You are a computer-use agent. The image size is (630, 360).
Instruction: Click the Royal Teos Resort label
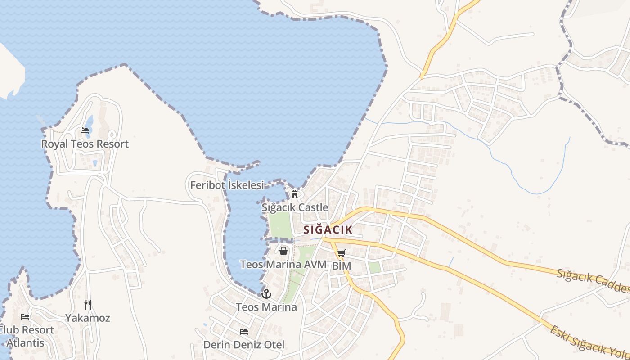(x=85, y=144)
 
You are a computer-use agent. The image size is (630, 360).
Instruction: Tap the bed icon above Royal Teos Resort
(x=85, y=130)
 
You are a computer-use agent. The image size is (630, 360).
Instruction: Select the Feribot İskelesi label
(x=227, y=185)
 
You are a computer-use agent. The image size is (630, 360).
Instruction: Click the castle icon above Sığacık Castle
(x=295, y=194)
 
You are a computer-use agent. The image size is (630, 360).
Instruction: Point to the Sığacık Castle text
(x=295, y=207)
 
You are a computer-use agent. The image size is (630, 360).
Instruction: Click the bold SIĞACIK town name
(x=328, y=230)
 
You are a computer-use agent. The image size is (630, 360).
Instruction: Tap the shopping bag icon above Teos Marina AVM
(x=283, y=251)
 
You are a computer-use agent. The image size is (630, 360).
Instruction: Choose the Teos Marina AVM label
(x=283, y=264)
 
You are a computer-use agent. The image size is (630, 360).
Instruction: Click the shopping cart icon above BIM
(x=341, y=253)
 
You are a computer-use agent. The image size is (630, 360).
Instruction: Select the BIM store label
(x=341, y=266)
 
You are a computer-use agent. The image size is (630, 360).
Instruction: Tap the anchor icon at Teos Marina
(x=267, y=294)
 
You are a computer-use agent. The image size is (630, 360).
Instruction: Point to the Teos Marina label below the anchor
(x=266, y=307)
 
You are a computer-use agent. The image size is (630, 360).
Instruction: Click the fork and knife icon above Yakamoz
(x=88, y=305)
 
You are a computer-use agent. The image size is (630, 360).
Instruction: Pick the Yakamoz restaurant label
(x=88, y=318)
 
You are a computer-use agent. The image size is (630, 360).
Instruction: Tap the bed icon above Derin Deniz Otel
(x=244, y=332)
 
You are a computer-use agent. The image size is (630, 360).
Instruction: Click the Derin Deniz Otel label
(x=244, y=345)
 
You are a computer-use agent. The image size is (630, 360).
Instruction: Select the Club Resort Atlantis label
(x=28, y=336)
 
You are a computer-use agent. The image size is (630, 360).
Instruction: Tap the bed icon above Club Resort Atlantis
(x=25, y=317)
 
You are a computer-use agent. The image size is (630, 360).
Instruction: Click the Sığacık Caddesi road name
(x=593, y=281)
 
